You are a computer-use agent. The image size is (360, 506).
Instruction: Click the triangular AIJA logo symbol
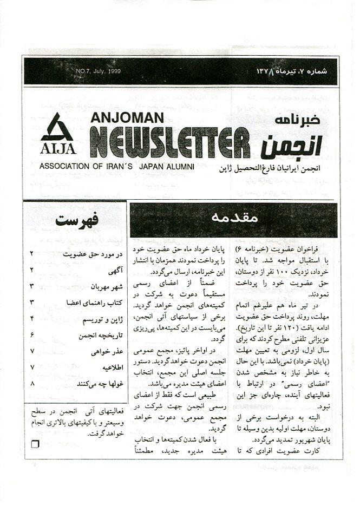click(x=58, y=127)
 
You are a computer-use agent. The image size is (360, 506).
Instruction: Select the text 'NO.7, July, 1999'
click(x=98, y=71)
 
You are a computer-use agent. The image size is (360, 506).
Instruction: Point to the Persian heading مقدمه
click(x=234, y=219)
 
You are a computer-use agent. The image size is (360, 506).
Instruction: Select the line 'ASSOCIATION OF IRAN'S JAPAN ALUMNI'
click(x=116, y=166)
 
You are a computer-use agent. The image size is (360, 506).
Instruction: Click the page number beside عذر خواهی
click(x=32, y=352)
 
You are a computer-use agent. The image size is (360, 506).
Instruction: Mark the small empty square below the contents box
click(x=36, y=444)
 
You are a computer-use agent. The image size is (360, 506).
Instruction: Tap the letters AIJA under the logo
click(x=58, y=148)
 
